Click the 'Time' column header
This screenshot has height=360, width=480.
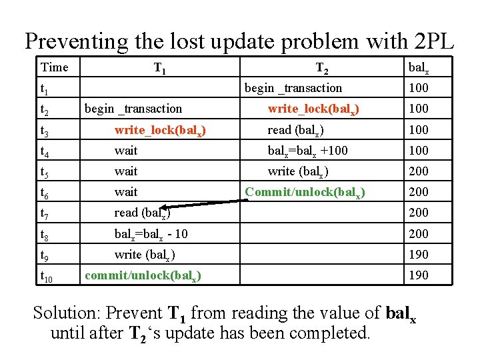click(54, 67)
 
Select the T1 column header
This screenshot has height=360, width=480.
click(160, 68)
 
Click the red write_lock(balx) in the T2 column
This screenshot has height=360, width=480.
click(313, 109)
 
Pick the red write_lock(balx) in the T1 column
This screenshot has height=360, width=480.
click(160, 130)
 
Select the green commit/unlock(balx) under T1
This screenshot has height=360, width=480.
click(144, 275)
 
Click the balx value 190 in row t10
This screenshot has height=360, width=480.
click(418, 275)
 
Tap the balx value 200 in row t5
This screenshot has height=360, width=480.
click(418, 171)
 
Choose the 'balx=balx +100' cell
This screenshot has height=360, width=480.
click(307, 151)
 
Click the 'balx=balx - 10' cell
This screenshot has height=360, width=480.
click(151, 234)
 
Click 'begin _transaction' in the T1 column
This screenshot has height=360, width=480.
click(133, 109)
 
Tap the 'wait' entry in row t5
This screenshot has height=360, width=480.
click(126, 171)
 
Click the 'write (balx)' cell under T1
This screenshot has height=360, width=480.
click(145, 255)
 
